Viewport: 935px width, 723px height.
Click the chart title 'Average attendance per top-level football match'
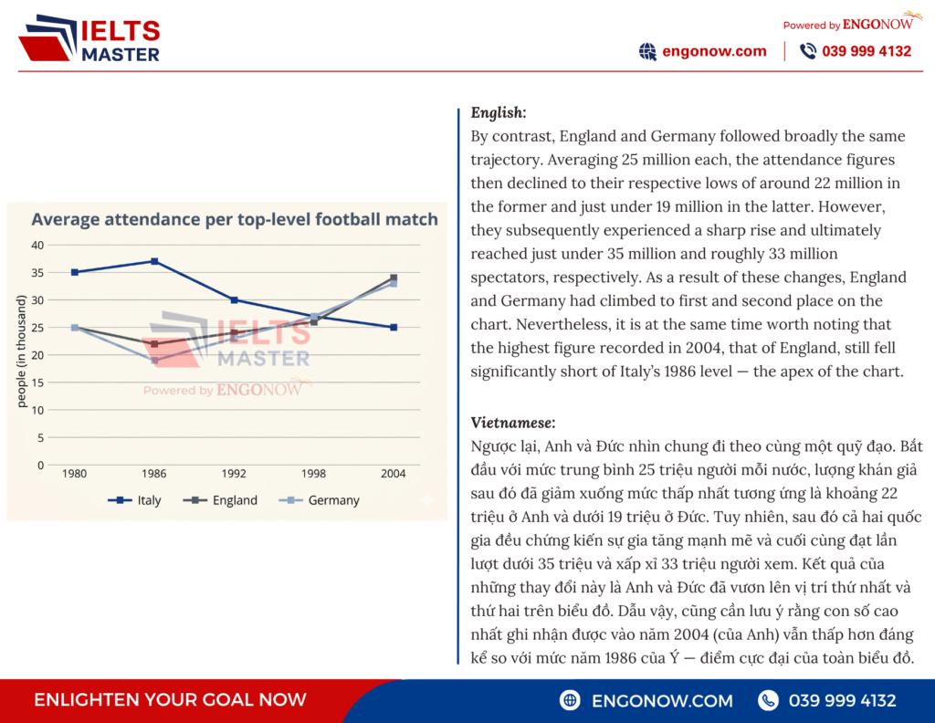coord(235,219)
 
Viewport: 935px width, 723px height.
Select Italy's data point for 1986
coord(154,261)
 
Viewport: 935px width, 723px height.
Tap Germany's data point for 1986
coord(154,361)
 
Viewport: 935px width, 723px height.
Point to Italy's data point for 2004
coord(394,327)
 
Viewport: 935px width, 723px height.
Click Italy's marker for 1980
coord(74,272)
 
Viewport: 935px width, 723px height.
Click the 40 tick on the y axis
coord(37,245)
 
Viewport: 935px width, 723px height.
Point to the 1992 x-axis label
coord(234,474)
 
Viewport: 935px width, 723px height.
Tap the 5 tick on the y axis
coord(40,437)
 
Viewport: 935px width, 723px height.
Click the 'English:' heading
coord(498,113)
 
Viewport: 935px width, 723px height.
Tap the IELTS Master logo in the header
coord(89,40)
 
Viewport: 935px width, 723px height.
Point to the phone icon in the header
coord(808,51)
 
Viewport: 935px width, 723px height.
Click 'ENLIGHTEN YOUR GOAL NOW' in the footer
coord(170,700)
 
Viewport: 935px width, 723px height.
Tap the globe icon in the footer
coord(571,700)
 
